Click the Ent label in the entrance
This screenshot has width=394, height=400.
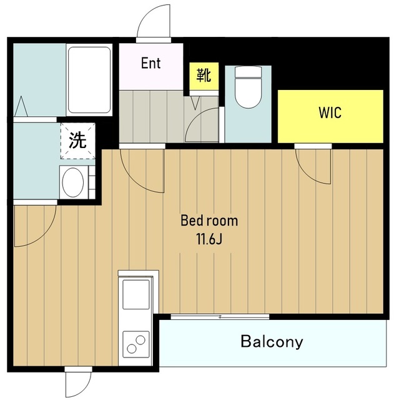[x=151, y=63]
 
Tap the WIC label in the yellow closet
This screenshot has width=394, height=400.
[x=330, y=112]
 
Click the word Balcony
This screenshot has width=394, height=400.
[x=272, y=342]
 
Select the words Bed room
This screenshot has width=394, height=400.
[x=209, y=221]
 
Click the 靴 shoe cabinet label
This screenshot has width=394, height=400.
[x=204, y=75]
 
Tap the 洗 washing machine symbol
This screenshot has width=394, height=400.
[x=77, y=141]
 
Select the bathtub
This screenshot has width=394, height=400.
[x=89, y=80]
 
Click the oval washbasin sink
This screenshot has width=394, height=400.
[x=73, y=182]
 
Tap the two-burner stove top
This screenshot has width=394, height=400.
[x=136, y=344]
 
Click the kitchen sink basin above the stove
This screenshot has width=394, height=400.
[x=136, y=294]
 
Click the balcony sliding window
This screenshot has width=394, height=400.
[x=220, y=317]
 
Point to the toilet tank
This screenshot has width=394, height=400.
[x=249, y=72]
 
